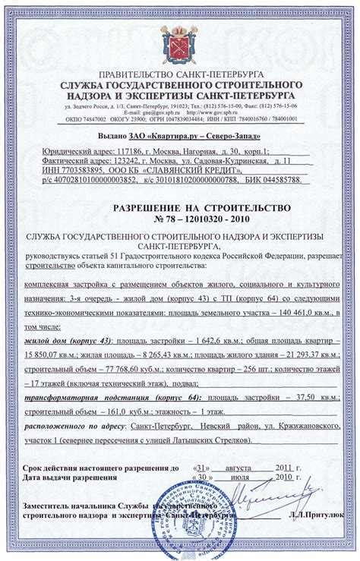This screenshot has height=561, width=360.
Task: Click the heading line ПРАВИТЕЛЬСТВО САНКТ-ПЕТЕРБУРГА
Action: pyautogui.click(x=180, y=74)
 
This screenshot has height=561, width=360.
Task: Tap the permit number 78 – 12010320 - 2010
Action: pyautogui.click(x=180, y=219)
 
